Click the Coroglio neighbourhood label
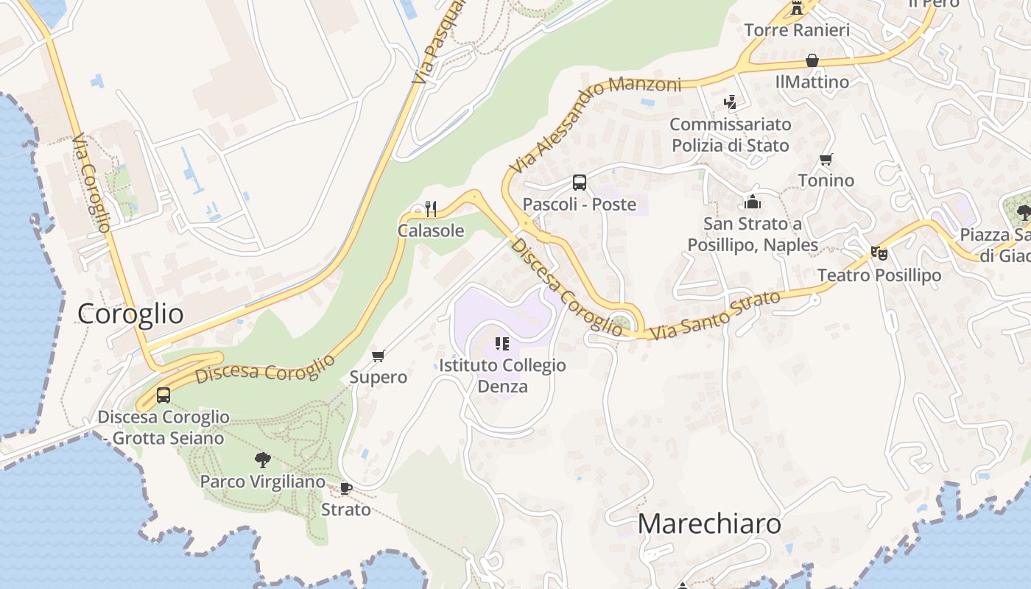point(130,314)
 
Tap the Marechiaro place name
point(709,523)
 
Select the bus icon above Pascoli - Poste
point(580,183)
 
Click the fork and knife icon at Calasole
point(431,209)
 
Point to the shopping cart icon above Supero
point(379,356)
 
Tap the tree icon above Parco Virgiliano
point(262,461)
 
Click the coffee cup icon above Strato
point(346,488)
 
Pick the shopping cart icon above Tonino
point(826,159)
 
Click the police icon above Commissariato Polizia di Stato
point(730,102)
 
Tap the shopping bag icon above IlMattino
point(812,60)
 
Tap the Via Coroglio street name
point(92,183)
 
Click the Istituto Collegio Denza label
point(503,375)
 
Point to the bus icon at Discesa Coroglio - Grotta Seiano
point(163,395)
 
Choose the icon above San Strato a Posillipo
point(753,202)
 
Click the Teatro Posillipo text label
point(879,275)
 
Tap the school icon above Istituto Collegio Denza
point(502,343)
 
